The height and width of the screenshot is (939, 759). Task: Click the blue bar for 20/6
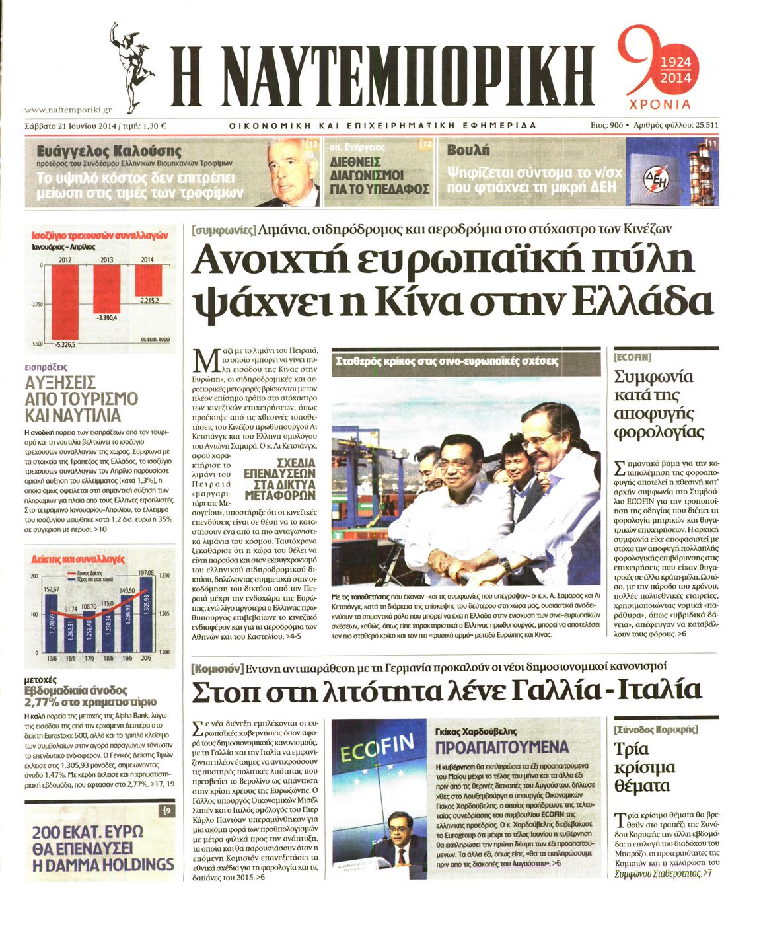pyautogui.click(x=146, y=615)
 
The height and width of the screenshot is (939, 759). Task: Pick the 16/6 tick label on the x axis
pyautogui.click(x=71, y=659)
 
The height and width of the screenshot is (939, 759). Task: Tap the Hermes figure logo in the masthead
pyautogui.click(x=132, y=63)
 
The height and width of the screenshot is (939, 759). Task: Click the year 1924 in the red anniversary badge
pyautogui.click(x=675, y=63)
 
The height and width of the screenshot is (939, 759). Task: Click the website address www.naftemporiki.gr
pyautogui.click(x=67, y=110)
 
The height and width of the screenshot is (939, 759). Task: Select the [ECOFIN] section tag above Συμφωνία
pyautogui.click(x=632, y=357)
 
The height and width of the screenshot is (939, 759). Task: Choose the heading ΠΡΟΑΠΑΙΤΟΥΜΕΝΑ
pyautogui.click(x=501, y=747)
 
